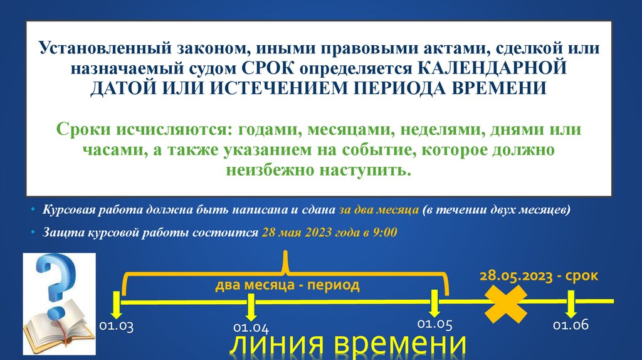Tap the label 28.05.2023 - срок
539,275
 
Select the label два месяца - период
288,286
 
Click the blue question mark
55,282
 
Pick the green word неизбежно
271,170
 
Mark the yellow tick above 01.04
251,306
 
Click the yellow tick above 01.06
571,305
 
